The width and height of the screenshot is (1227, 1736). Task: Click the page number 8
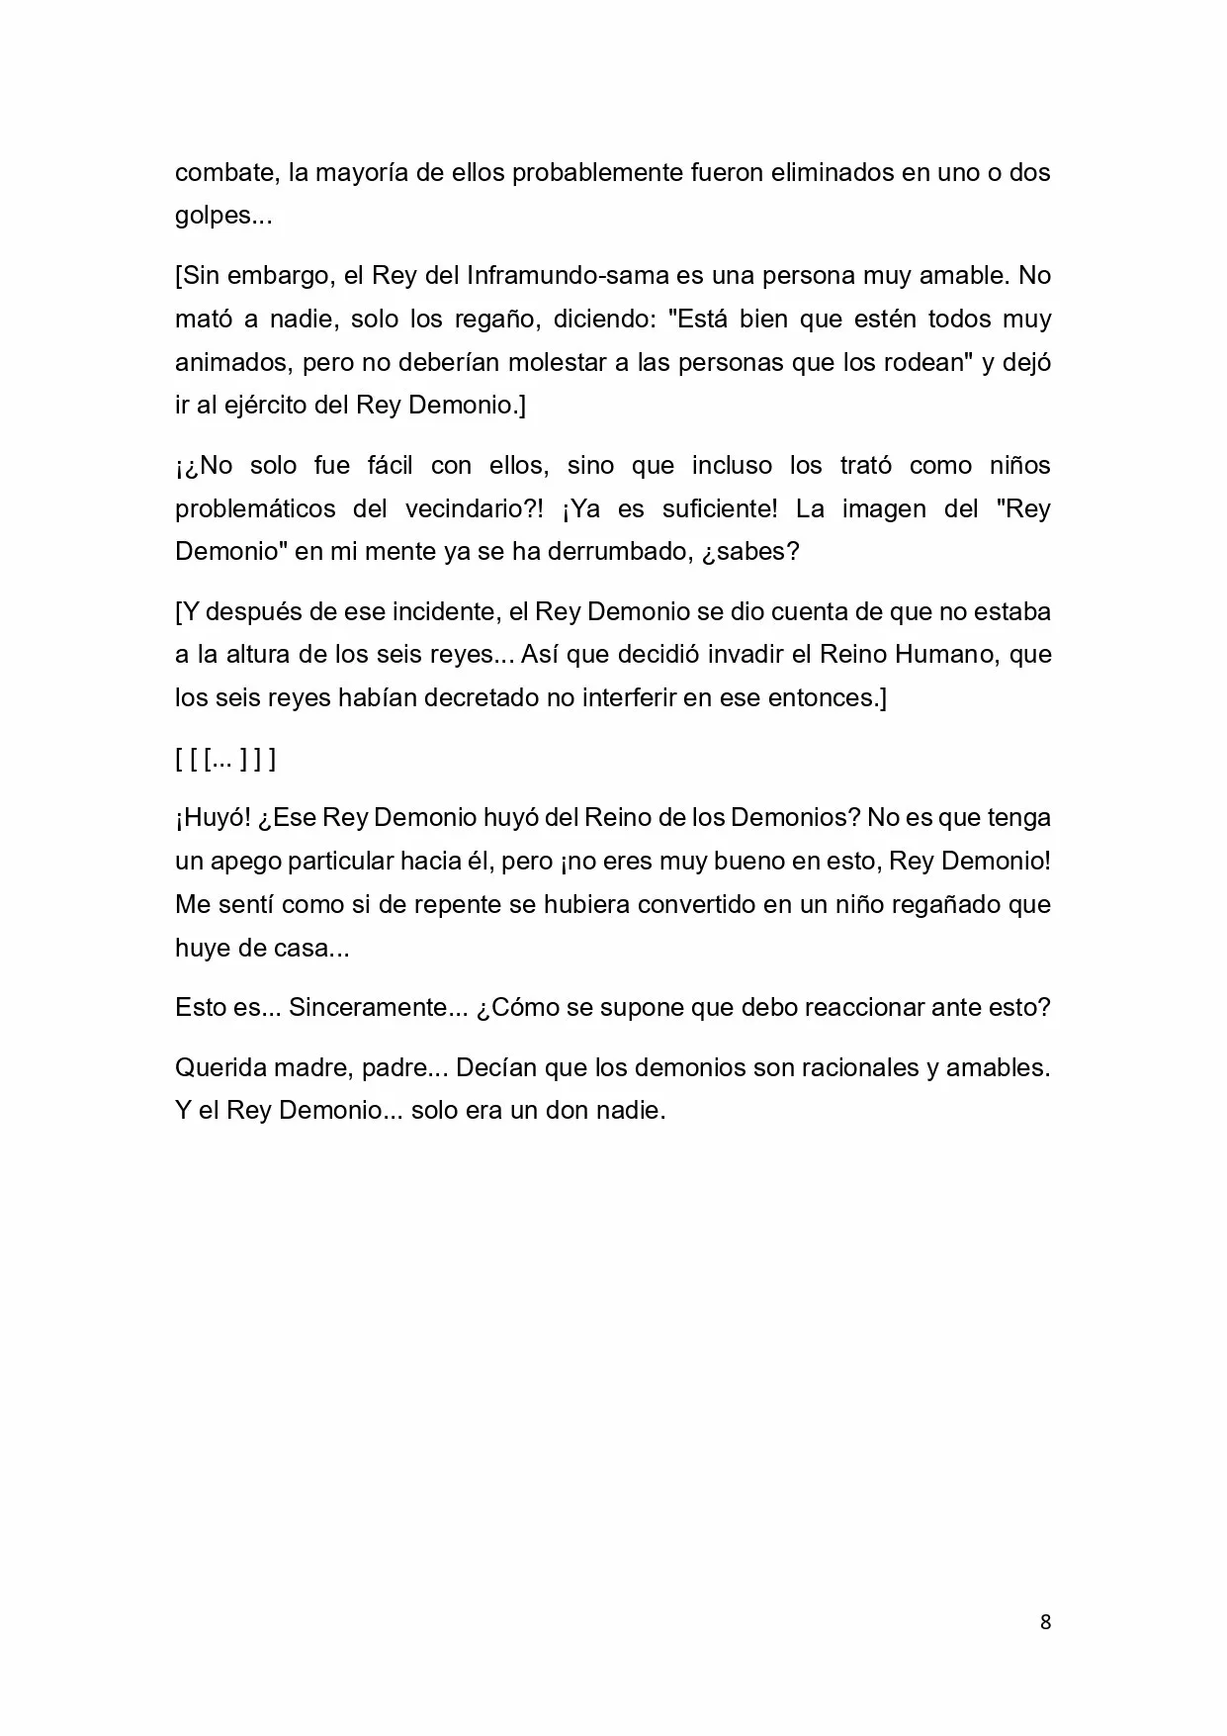pos(1045,1621)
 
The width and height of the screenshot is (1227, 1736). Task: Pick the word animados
pos(232,362)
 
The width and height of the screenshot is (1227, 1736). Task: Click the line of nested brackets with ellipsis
pos(225,759)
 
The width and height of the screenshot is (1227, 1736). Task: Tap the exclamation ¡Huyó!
pos(205,819)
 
